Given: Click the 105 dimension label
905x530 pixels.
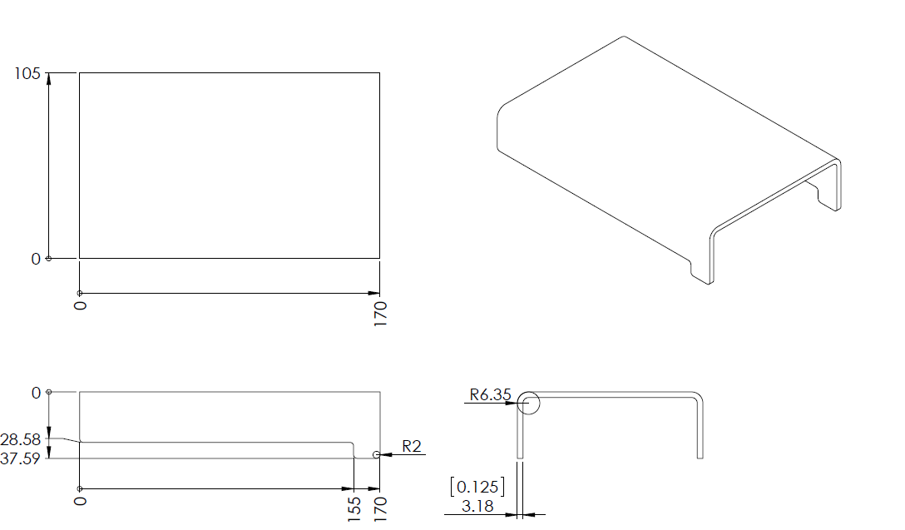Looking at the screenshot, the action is [x=27, y=74].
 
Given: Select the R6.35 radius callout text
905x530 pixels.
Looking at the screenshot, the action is [x=490, y=395].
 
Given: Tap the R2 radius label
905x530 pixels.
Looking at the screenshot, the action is [x=412, y=446].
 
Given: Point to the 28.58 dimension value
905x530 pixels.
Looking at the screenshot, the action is [x=21, y=440].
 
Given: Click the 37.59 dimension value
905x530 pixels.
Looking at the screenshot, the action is [x=21, y=458].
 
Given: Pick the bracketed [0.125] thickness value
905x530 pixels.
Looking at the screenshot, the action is [x=477, y=487].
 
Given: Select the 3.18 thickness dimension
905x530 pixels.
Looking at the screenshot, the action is [x=477, y=507].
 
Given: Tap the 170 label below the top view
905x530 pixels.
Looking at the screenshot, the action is [x=380, y=314].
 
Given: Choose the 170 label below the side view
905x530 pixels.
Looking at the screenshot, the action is [x=380, y=508].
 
